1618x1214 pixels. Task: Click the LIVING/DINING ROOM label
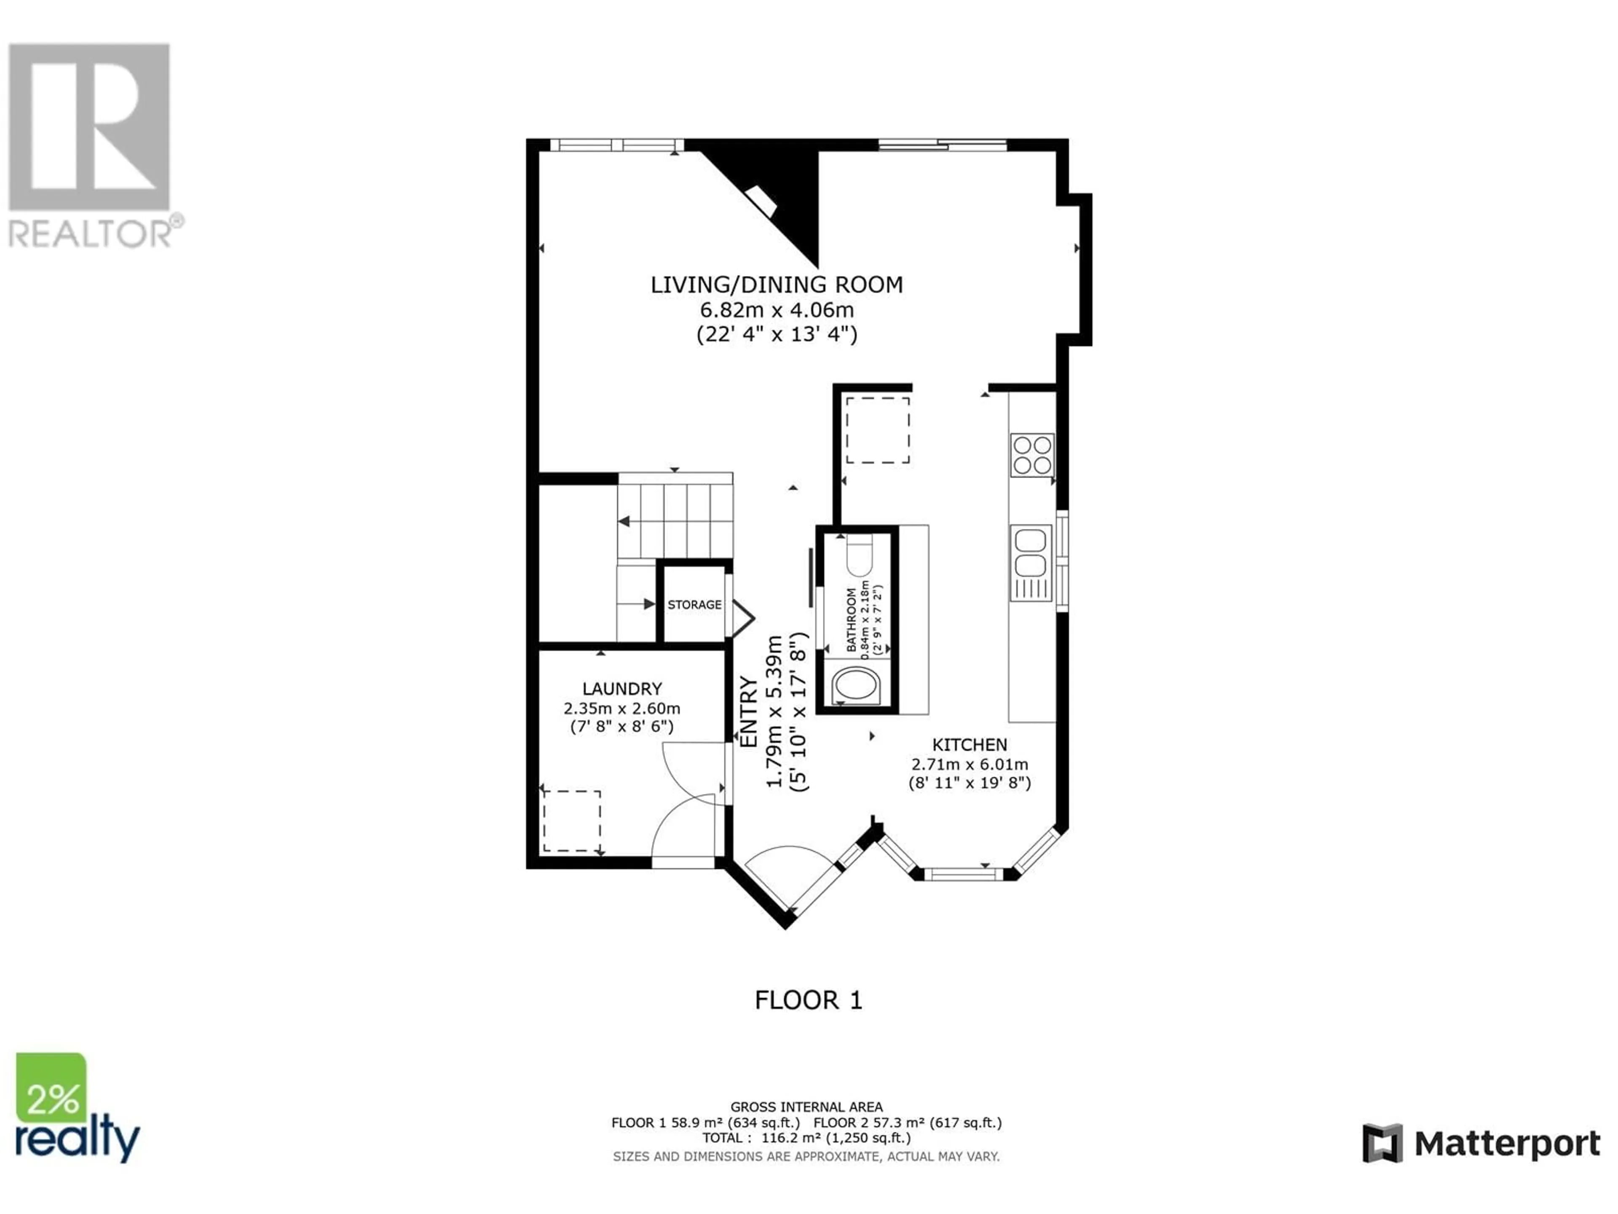(777, 285)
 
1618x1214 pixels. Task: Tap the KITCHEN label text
(969, 745)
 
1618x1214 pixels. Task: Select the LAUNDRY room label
(622, 689)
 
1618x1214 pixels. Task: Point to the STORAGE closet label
(694, 604)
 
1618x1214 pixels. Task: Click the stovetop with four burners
(1032, 455)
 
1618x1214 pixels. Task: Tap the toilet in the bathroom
(859, 556)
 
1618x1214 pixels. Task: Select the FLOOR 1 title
(808, 999)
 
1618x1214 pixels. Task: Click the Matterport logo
(1481, 1143)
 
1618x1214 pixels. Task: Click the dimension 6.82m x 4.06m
(777, 309)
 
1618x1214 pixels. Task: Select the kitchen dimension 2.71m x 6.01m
(969, 764)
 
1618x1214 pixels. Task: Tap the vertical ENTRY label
(750, 711)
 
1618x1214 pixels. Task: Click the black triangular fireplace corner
(774, 198)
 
